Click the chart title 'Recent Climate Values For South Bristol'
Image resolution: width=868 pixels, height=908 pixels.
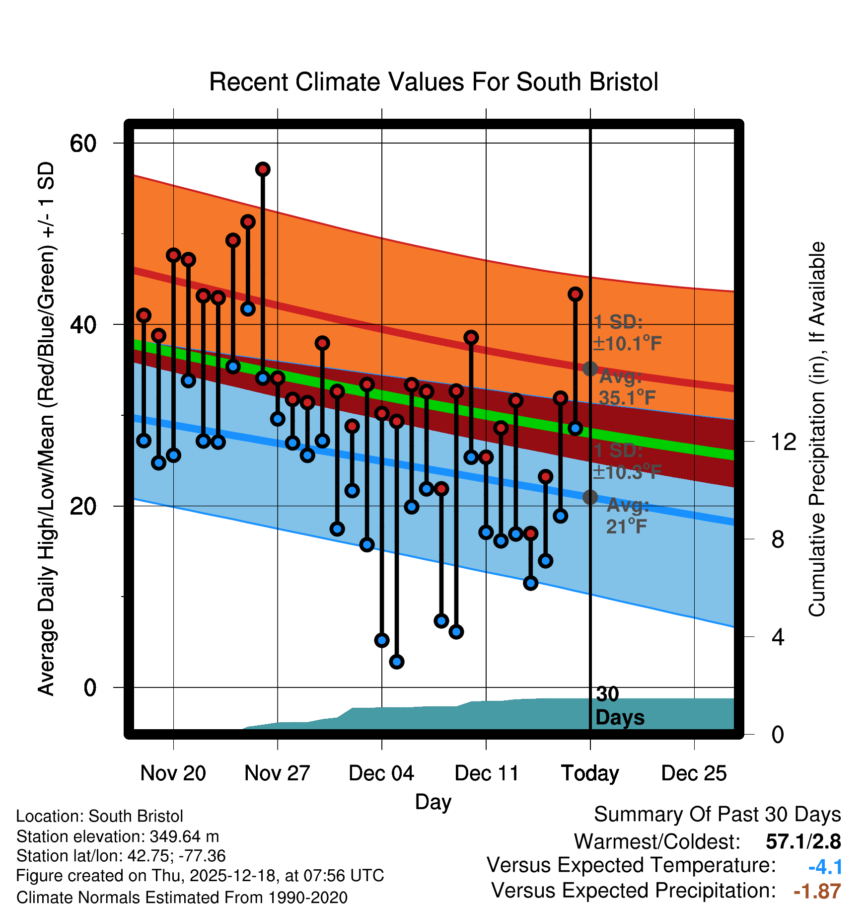[x=434, y=82]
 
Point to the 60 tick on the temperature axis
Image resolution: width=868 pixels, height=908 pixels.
[x=83, y=144]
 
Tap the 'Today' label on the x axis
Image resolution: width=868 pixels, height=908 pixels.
[x=590, y=773]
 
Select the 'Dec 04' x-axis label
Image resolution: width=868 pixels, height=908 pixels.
[x=381, y=773]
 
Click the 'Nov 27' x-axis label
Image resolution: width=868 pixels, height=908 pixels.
[x=277, y=773]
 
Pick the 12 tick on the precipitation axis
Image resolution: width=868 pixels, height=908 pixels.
[x=784, y=442]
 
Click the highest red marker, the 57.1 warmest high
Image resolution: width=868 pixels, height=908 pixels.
[x=263, y=169]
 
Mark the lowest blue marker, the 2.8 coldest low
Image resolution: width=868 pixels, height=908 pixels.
[x=396, y=662]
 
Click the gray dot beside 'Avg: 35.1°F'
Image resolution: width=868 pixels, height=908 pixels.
[x=590, y=369]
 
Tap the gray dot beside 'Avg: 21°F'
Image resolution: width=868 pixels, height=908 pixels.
[x=590, y=497]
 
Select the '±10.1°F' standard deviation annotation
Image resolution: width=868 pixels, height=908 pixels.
[x=627, y=343]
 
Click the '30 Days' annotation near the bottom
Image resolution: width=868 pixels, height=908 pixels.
[x=619, y=706]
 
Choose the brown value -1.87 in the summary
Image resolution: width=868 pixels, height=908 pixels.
[x=817, y=891]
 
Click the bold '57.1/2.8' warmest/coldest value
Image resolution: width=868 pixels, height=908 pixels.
[x=803, y=842]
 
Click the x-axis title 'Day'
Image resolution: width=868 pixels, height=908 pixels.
[x=433, y=802]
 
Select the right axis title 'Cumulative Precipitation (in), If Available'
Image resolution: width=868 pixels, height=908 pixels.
[x=817, y=429]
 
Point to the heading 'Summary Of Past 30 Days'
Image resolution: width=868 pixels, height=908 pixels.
[x=717, y=815]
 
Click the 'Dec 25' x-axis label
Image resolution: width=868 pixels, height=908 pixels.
[x=694, y=773]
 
